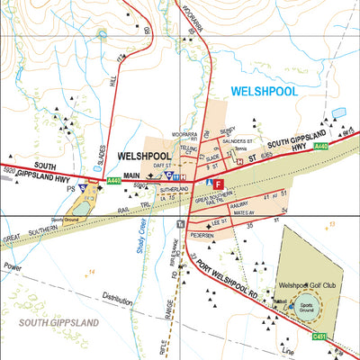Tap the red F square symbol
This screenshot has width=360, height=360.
pos(217,183)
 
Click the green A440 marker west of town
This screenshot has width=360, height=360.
pos(113,181)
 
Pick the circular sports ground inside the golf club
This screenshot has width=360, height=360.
pos(307,306)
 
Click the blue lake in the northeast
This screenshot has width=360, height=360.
pos(339,113)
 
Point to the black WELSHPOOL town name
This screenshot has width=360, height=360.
pos(144,154)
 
